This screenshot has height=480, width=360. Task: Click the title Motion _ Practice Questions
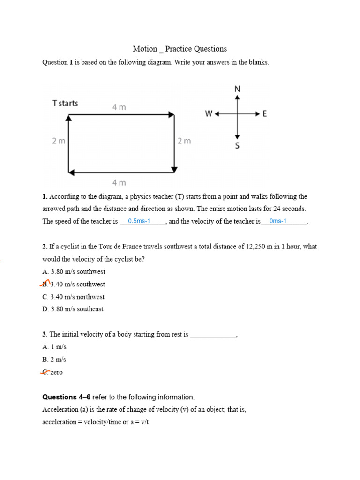[x=180, y=49]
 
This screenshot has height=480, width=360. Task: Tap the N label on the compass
[x=237, y=89]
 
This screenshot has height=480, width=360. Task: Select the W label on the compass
[x=209, y=113]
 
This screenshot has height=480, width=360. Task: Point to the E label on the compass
[x=265, y=113]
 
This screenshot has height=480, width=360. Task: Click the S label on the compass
[x=237, y=146]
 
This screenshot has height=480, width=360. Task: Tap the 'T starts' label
[x=65, y=103]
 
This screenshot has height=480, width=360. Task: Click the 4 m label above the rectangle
[x=119, y=107]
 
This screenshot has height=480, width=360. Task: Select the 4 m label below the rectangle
[x=119, y=182]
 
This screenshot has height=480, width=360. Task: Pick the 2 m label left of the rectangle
[x=59, y=141]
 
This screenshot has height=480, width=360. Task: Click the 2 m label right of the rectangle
[x=184, y=141]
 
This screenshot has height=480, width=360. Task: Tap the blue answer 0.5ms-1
[x=139, y=221]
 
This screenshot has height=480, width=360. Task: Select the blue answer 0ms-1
[x=278, y=221]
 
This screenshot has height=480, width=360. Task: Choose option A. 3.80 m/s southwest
[x=74, y=271]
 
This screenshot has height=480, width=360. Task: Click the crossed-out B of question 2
[x=45, y=284]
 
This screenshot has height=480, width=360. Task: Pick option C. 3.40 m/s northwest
[x=73, y=297]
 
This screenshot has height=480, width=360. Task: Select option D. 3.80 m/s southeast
[x=73, y=309]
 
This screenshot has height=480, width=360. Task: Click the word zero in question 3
[x=56, y=372]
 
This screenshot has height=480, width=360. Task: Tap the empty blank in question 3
[x=213, y=335]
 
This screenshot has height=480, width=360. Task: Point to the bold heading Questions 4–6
[x=67, y=397]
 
